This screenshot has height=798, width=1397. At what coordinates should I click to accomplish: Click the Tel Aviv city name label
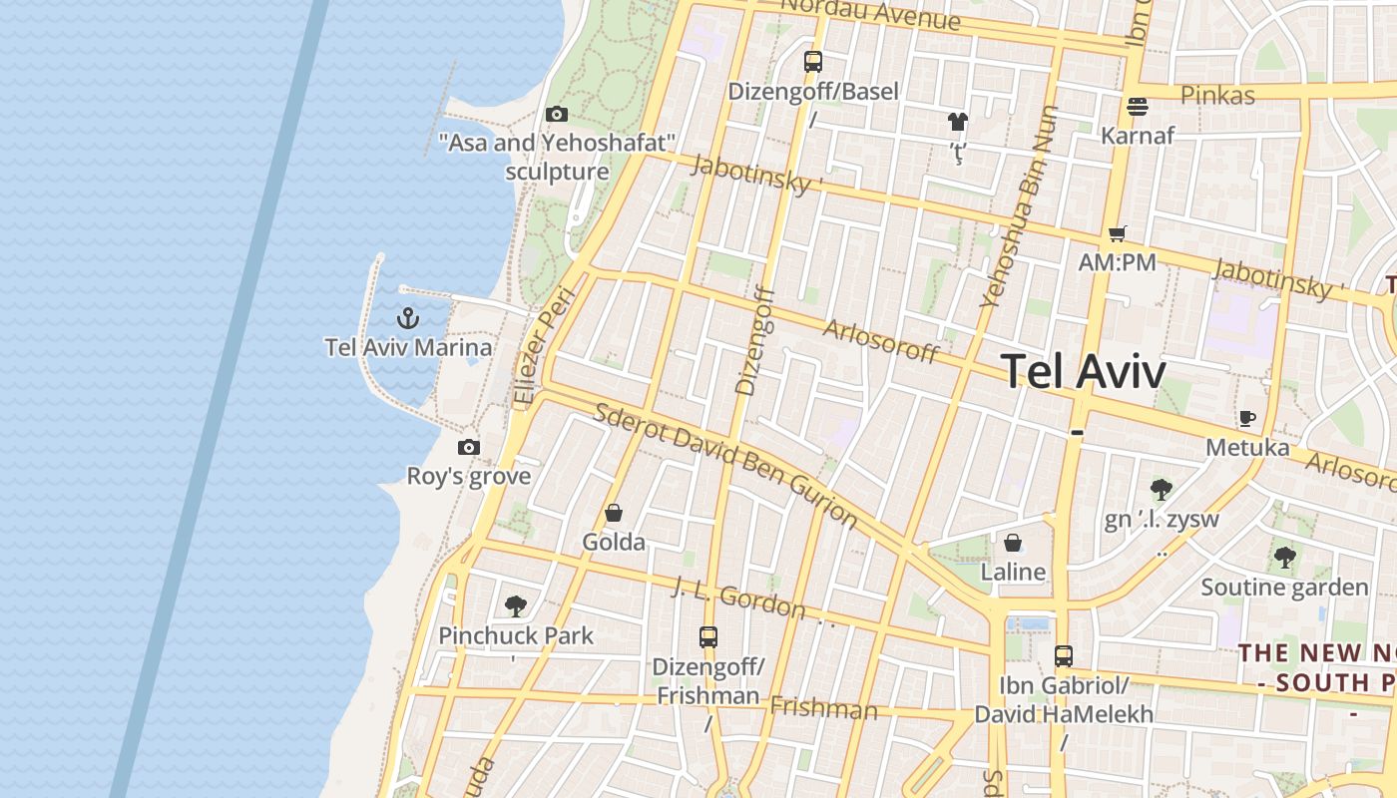[x=1083, y=372]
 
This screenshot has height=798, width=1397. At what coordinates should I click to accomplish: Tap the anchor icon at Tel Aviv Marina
[x=407, y=318]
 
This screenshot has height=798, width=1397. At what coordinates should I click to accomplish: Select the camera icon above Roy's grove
[x=469, y=448]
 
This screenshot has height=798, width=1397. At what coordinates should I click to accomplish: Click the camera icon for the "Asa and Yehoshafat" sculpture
[x=557, y=115]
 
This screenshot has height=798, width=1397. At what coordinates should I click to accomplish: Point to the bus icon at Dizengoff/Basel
[x=813, y=62]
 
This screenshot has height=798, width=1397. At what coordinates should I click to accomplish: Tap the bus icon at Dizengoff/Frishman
[x=708, y=636]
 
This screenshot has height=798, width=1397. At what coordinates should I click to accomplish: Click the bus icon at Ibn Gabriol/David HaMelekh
[x=1064, y=656]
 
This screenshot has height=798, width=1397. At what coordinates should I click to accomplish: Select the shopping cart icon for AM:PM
[x=1117, y=233]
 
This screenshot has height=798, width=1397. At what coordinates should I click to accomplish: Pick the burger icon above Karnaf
[x=1138, y=106]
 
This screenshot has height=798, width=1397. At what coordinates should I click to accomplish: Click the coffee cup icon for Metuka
[x=1246, y=418]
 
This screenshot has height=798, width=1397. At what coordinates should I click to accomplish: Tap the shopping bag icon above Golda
[x=614, y=513]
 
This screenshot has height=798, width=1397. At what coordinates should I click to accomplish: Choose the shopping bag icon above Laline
[x=1013, y=543]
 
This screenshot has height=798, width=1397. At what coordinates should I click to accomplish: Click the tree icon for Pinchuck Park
[x=516, y=605]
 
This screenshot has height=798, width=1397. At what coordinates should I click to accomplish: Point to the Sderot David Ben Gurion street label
[x=725, y=464]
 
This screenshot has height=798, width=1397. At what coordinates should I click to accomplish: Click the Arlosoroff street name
[x=881, y=341]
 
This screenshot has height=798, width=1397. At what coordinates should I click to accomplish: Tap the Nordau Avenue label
[x=870, y=13]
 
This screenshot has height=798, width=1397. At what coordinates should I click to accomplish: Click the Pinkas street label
[x=1217, y=96]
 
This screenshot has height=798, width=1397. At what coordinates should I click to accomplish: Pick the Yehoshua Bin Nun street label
[x=1019, y=205]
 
